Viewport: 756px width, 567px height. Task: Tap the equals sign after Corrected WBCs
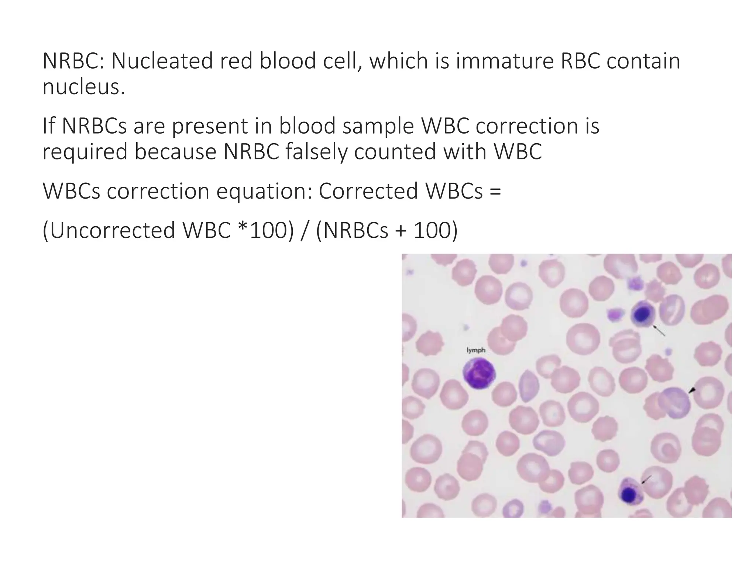(x=496, y=192)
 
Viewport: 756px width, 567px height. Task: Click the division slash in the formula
(x=305, y=231)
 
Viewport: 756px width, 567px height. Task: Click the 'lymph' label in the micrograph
(x=476, y=350)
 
